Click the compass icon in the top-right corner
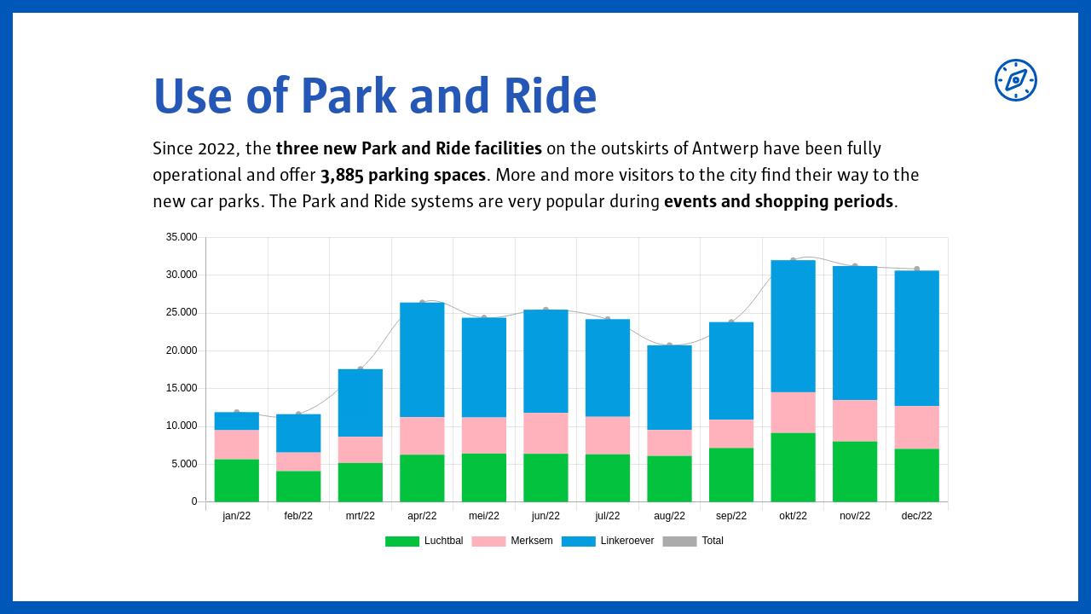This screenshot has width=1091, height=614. pyautogui.click(x=1015, y=80)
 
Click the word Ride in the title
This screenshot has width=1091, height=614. pyautogui.click(x=550, y=96)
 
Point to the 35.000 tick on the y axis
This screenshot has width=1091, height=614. pyautogui.click(x=182, y=237)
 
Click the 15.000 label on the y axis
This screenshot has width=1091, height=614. pyautogui.click(x=182, y=388)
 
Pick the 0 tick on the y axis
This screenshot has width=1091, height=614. pyautogui.click(x=193, y=501)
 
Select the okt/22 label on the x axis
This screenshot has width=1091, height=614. pyautogui.click(x=793, y=516)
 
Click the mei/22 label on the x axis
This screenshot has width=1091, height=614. pyautogui.click(x=483, y=516)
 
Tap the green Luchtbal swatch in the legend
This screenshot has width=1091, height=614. pyautogui.click(x=401, y=542)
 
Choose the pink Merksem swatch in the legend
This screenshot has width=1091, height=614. pyautogui.click(x=488, y=542)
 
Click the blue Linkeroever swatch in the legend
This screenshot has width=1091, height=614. pyautogui.click(x=578, y=542)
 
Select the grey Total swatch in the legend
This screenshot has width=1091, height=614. pyautogui.click(x=679, y=542)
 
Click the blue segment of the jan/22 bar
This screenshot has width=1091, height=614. pyautogui.click(x=236, y=421)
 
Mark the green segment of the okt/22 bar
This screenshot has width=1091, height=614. pyautogui.click(x=793, y=467)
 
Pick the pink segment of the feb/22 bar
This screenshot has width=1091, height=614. pyautogui.click(x=298, y=461)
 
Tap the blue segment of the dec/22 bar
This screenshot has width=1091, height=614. pyautogui.click(x=916, y=339)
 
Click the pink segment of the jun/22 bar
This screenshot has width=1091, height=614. pyautogui.click(x=545, y=433)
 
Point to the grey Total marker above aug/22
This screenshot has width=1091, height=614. pyautogui.click(x=669, y=345)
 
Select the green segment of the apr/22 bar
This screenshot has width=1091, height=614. pyautogui.click(x=422, y=478)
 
